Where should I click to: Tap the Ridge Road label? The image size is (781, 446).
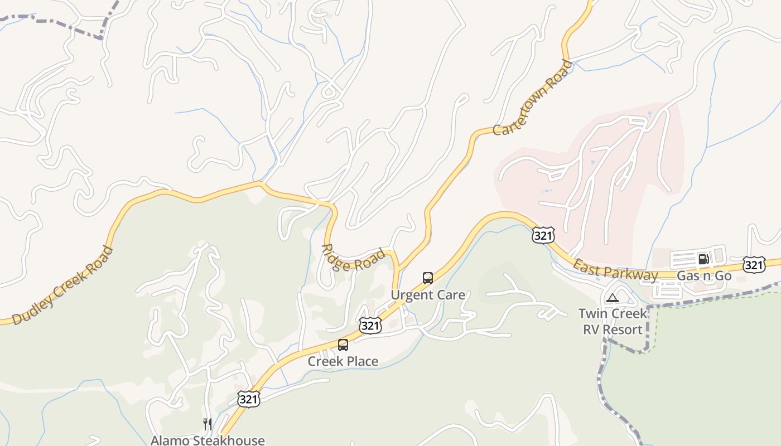coord(354,258)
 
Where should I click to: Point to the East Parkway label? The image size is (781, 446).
coord(615,270)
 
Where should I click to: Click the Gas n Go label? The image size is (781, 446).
coord(703,275)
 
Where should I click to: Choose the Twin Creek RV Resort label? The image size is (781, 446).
coord(613,321)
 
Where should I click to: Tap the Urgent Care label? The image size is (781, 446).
coord(428,295)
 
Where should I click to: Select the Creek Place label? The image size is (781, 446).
coord(343,361)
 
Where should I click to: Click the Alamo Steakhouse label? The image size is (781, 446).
coord(208,440)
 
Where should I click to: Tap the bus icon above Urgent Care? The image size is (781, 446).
coord(428,278)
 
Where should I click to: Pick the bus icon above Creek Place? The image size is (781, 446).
coord(343,345)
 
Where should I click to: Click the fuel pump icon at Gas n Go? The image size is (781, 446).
coord(703,259)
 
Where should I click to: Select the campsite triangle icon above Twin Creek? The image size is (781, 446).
coord(613,298)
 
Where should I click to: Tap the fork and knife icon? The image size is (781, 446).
coord(208,424)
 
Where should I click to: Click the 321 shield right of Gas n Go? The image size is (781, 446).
coord(754,265)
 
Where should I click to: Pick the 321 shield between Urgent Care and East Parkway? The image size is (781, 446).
coord(543,235)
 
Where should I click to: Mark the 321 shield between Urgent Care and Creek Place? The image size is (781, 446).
coord(370,326)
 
